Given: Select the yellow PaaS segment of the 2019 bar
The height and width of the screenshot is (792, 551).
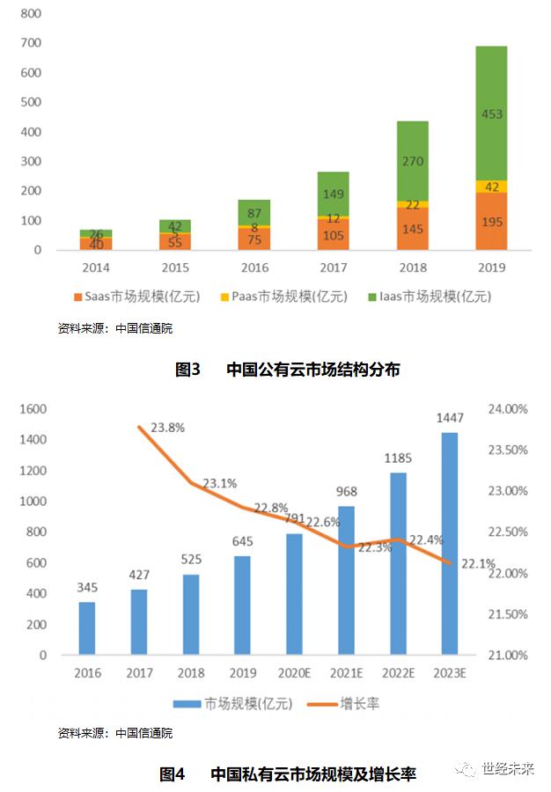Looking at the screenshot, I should point(491,187).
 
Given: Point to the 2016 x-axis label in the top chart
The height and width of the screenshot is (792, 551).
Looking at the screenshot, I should point(253,266).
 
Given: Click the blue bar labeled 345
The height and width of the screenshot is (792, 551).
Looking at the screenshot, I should point(86,628).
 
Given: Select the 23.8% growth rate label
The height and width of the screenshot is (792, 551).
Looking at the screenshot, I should point(167,427).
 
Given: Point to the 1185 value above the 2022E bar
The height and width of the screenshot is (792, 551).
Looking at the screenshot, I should point(397,458).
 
